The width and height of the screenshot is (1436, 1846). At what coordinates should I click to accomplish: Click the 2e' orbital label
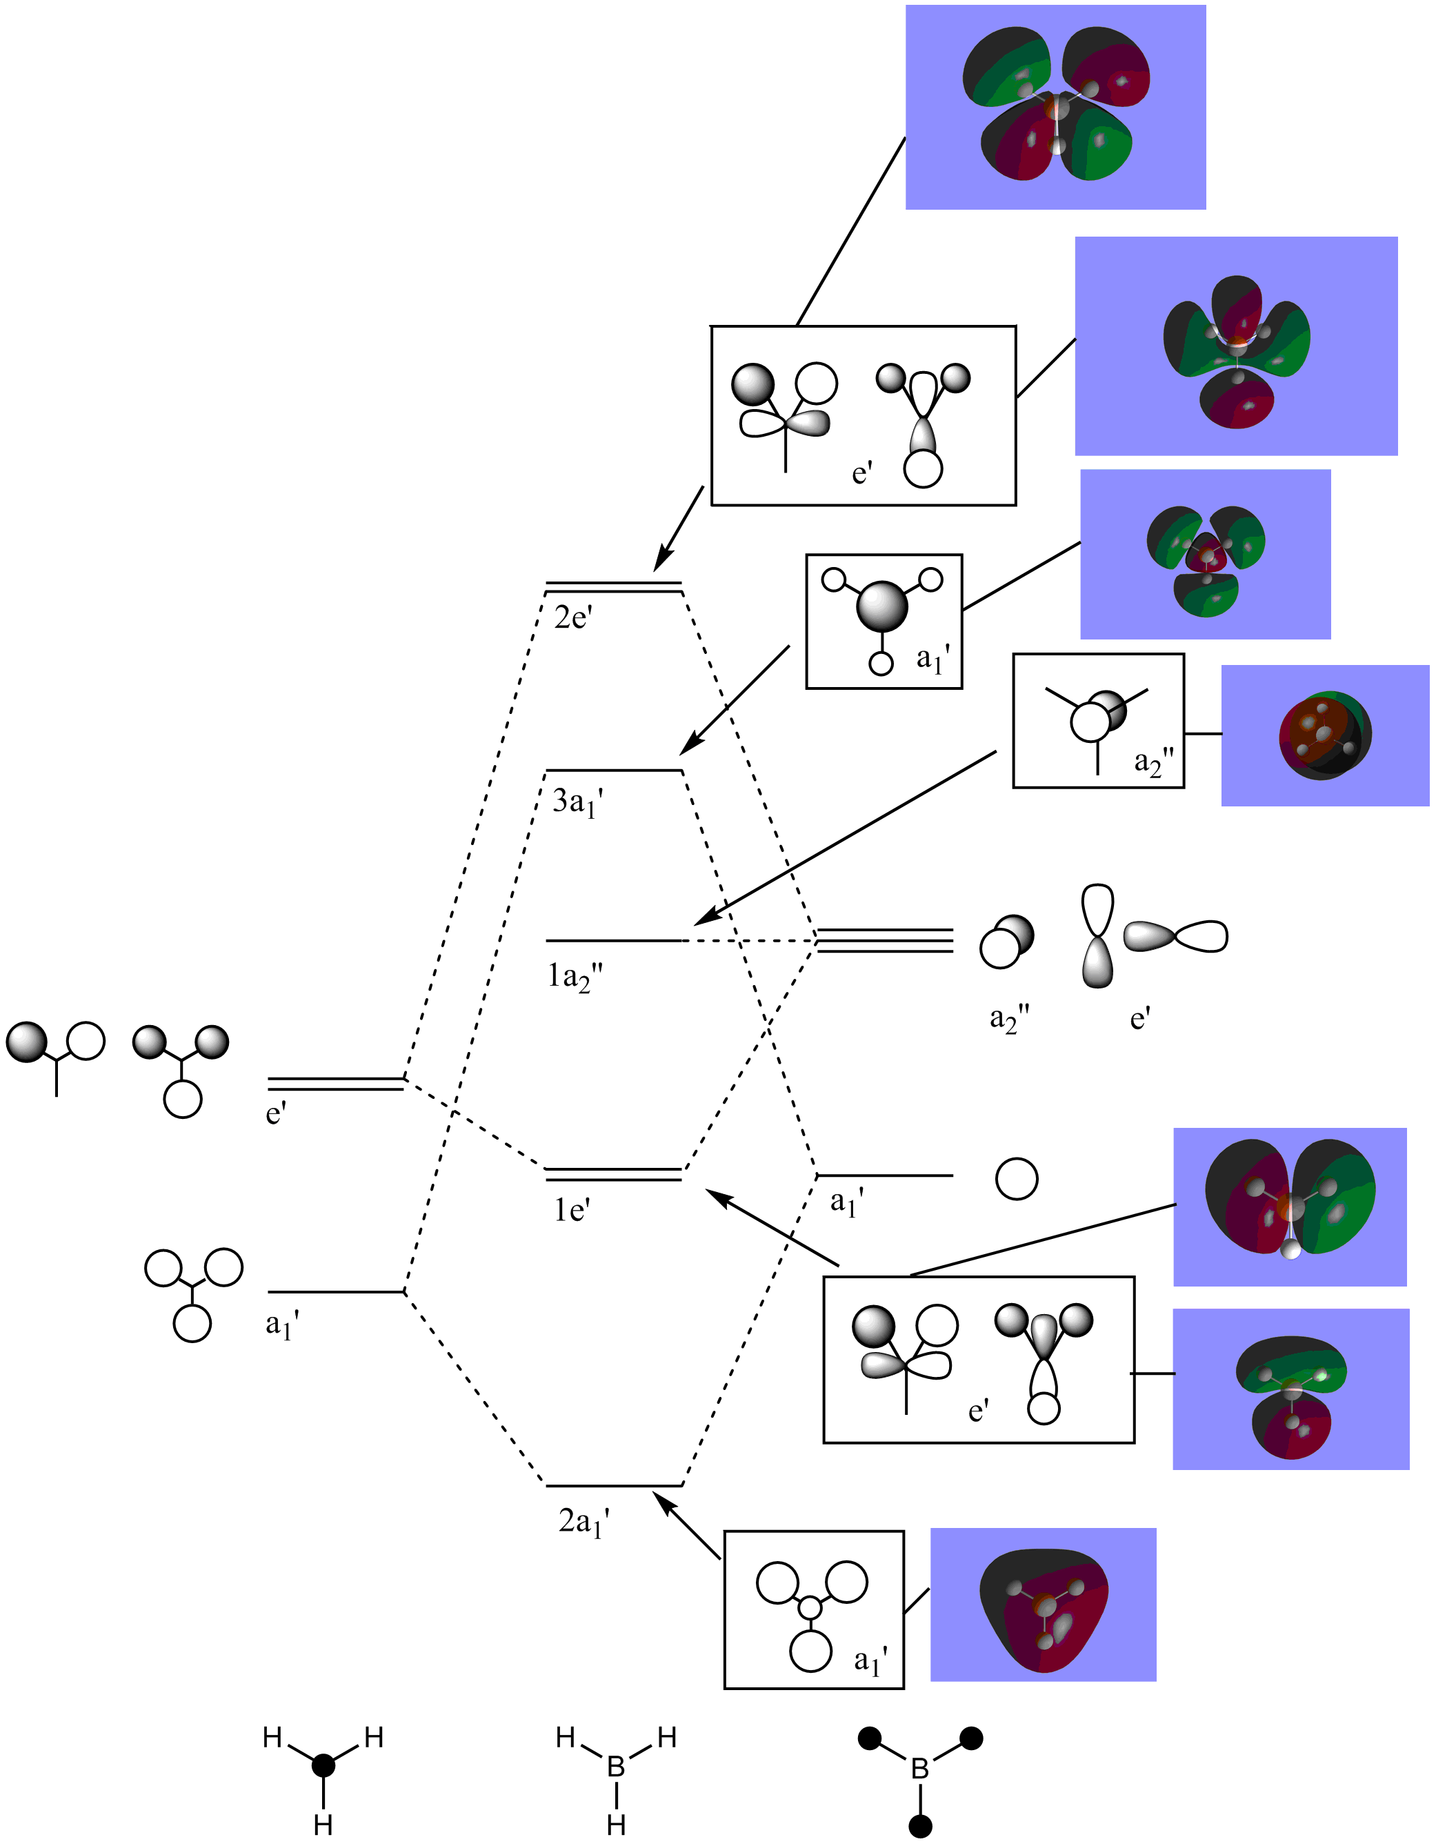pyautogui.click(x=572, y=618)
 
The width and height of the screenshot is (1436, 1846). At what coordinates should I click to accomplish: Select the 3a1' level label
pyautogui.click(x=577, y=802)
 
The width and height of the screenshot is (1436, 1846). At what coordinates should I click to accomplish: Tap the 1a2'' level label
pyautogui.click(x=575, y=977)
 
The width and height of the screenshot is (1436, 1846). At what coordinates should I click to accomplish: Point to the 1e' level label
pyautogui.click(x=572, y=1211)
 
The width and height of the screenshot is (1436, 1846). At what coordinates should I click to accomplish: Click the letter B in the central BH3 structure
pyautogui.click(x=616, y=1767)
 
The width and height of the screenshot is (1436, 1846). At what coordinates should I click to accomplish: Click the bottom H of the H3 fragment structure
pyautogui.click(x=323, y=1824)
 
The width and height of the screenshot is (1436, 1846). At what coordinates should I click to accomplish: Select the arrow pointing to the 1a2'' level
pyautogui.click(x=845, y=837)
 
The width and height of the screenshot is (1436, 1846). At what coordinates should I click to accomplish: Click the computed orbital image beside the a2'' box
pyautogui.click(x=1324, y=735)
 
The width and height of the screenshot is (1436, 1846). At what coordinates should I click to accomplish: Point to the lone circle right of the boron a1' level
pyautogui.click(x=1016, y=1178)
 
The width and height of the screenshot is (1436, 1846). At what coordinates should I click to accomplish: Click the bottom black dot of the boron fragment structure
pyautogui.click(x=920, y=1826)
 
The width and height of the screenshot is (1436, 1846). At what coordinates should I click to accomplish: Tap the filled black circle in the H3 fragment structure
pyautogui.click(x=323, y=1765)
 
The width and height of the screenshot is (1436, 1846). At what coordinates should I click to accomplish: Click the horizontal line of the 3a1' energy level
pyautogui.click(x=614, y=771)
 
